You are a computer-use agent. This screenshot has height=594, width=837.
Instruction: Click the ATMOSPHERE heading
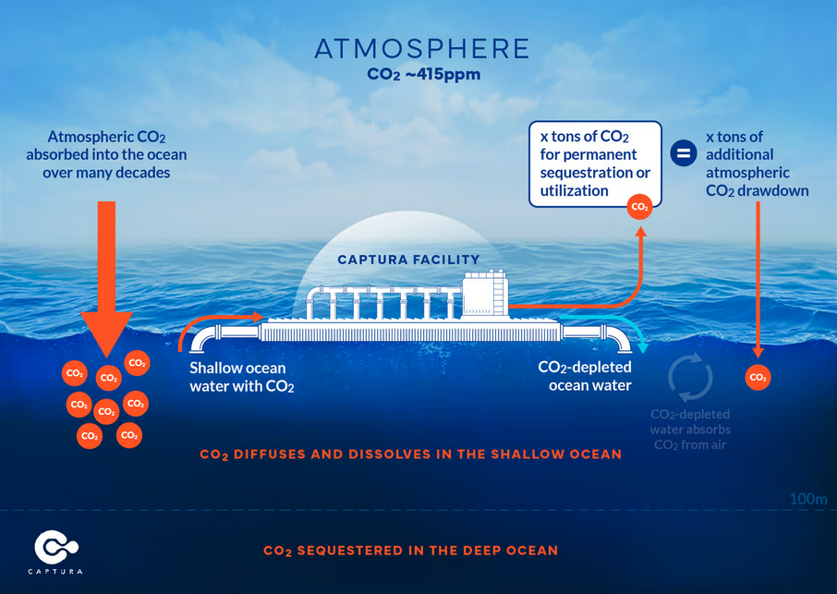421,49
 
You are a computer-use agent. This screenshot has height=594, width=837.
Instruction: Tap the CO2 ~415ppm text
423,74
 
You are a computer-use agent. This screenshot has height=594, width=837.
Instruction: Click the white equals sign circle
684,153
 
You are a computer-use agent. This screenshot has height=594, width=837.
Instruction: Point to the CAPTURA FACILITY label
409,260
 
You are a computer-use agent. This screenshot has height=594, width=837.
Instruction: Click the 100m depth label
808,499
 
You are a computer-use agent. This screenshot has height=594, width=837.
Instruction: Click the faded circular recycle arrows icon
690,377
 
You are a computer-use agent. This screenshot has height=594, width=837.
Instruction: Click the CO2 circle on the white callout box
639,207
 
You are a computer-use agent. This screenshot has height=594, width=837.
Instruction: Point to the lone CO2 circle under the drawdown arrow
758,377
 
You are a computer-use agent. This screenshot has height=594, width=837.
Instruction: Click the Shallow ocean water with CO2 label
242,377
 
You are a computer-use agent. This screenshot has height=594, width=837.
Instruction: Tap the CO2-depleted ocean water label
585,376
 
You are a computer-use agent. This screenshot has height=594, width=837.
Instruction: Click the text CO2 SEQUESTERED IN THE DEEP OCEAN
411,551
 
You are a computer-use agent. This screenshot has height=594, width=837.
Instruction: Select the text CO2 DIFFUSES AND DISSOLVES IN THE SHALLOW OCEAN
411,455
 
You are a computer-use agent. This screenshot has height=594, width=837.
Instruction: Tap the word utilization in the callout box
575,190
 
